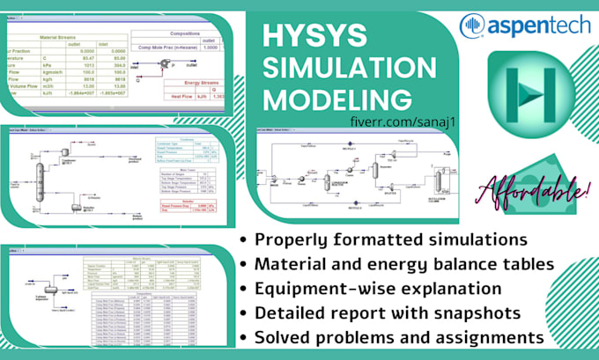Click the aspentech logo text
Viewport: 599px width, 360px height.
coord(529,26)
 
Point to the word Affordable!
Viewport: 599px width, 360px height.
coord(532,187)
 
